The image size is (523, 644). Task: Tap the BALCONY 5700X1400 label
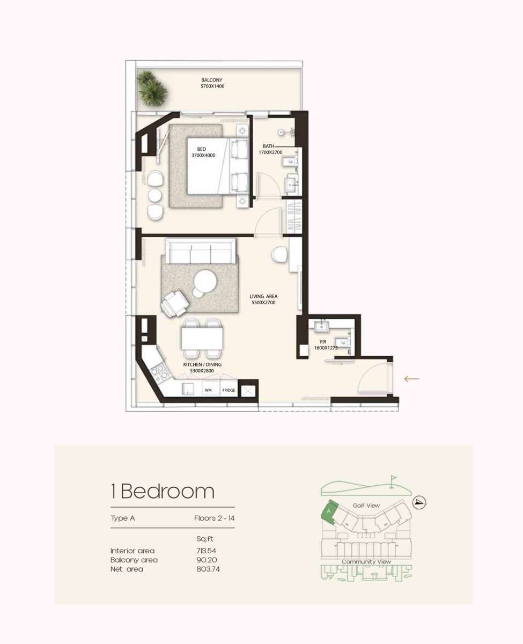[x=212, y=83]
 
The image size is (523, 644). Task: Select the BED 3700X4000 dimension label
[x=203, y=152]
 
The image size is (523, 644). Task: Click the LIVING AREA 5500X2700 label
[x=263, y=299]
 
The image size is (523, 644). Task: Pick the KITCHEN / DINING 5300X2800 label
[x=202, y=368]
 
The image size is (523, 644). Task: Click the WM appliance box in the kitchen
[x=208, y=390]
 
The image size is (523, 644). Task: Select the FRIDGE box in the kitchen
[x=229, y=390]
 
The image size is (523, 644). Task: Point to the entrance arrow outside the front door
[x=411, y=379]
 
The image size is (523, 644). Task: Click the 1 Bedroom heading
[x=163, y=491]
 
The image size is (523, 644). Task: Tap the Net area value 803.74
[x=208, y=569]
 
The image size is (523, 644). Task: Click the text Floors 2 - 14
[x=214, y=518]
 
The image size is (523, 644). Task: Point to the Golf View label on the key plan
[x=366, y=506]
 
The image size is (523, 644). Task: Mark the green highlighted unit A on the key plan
[x=328, y=511]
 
